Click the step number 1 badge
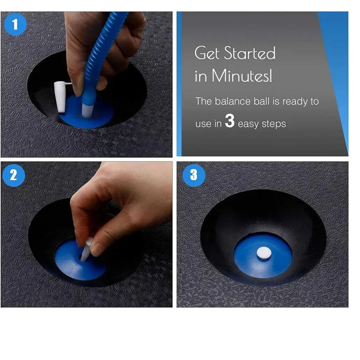[x=15, y=24]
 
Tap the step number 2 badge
[x=13, y=175]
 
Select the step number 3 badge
[x=194, y=175]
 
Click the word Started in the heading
[x=249, y=53]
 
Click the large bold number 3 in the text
[x=230, y=122]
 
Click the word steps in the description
[x=272, y=124]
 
